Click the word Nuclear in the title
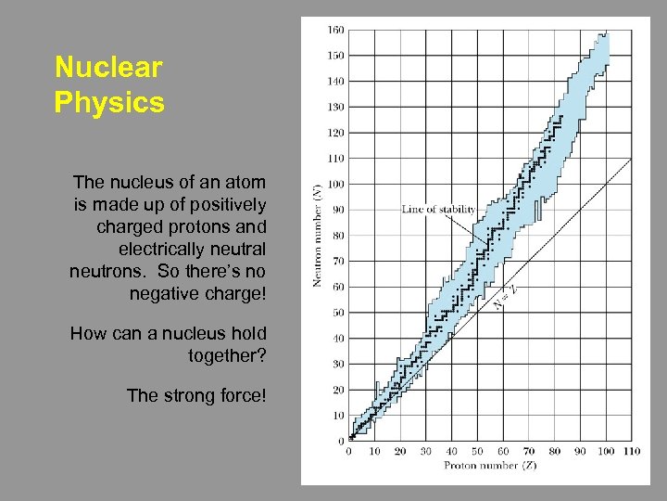[108, 68]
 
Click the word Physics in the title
[109, 101]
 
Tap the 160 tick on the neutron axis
[335, 30]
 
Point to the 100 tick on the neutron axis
[335, 184]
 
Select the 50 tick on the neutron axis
[337, 313]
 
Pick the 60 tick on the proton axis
[503, 452]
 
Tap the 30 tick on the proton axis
[426, 452]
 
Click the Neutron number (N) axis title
[317, 234]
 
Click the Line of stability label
[438, 209]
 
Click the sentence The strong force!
[196, 395]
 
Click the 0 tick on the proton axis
[349, 452]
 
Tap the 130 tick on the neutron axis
[335, 107]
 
